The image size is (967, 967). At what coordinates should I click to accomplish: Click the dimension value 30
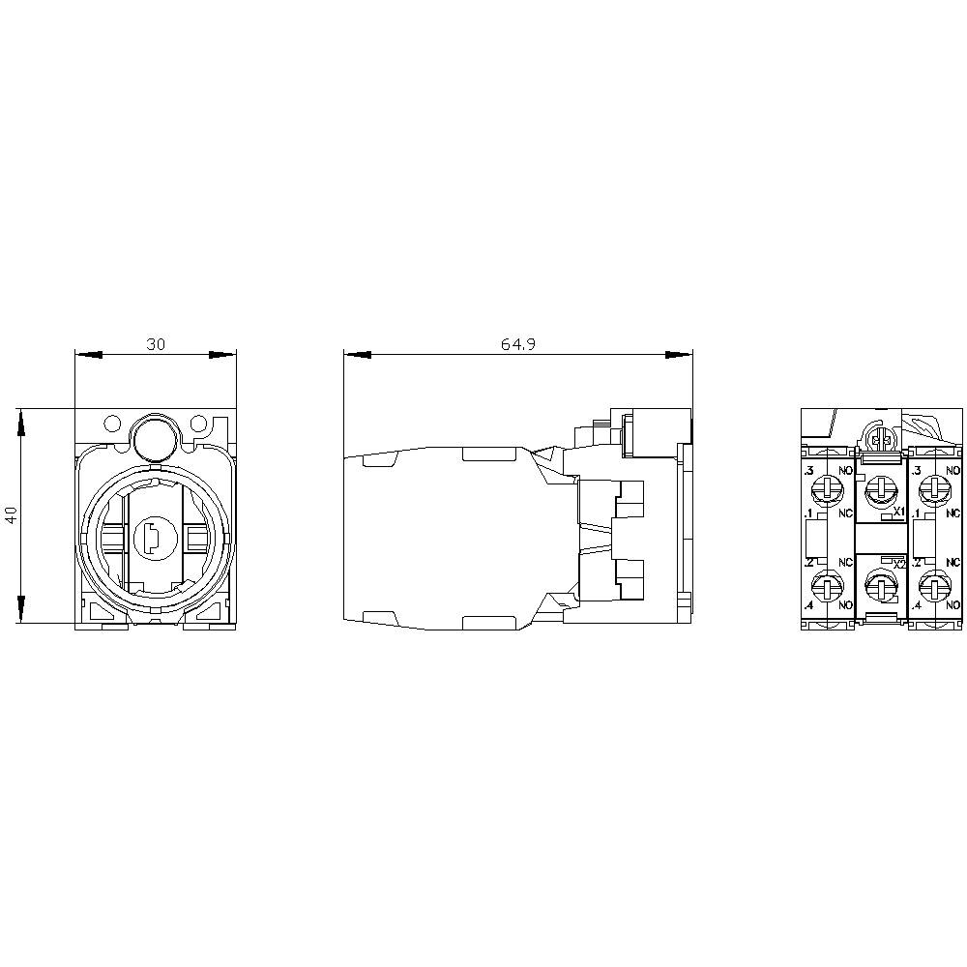[155, 344]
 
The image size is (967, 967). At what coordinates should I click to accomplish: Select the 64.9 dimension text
[518, 344]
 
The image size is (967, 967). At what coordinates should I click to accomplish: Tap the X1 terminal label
[898, 512]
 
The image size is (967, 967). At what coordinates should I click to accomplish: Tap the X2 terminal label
[898, 564]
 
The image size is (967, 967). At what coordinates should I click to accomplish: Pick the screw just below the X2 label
[880, 583]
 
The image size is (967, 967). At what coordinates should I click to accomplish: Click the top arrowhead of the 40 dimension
[19, 420]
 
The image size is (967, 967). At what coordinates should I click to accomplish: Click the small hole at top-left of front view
[111, 424]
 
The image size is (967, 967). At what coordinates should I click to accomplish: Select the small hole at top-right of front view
[198, 424]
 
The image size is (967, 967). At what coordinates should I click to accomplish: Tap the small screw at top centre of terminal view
[881, 441]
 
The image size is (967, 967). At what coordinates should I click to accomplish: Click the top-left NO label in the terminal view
[845, 471]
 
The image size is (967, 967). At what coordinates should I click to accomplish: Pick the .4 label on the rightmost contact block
[916, 605]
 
